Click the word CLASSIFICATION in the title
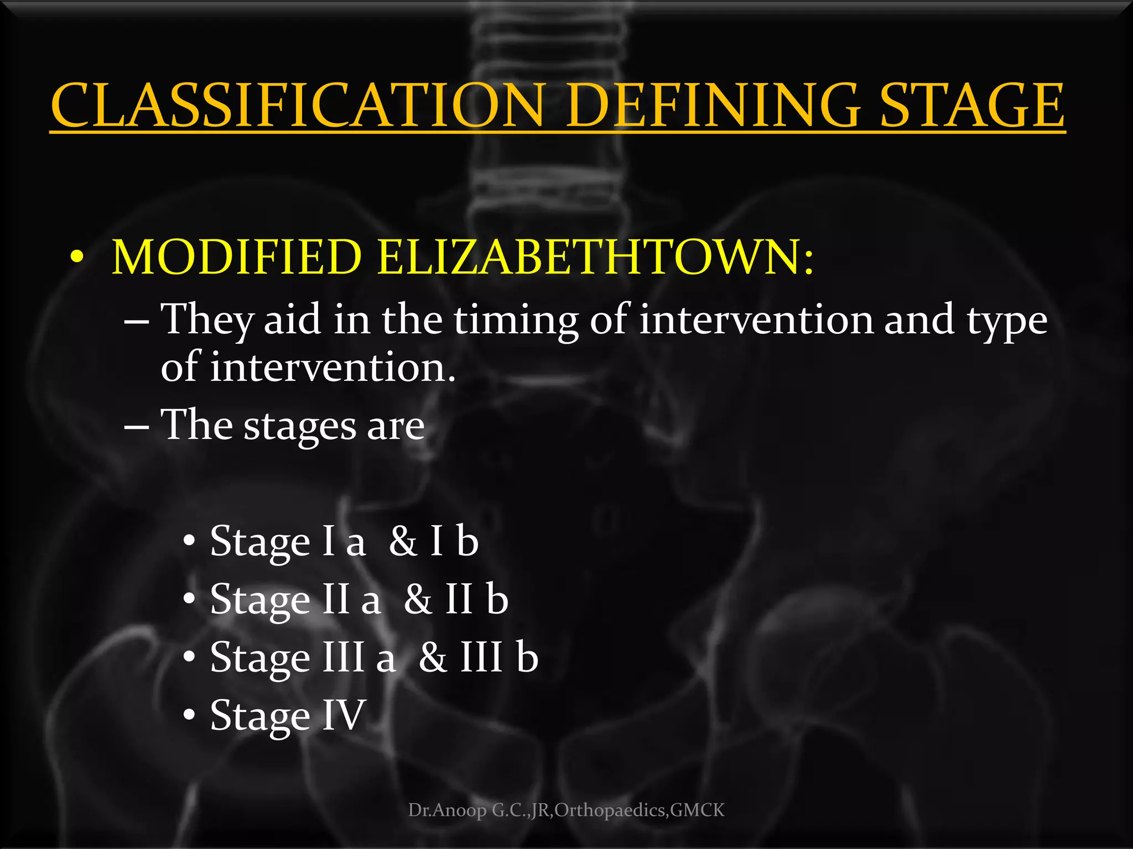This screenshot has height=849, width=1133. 299,105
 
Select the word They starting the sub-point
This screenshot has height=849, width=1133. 207,321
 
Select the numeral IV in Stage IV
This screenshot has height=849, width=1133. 343,715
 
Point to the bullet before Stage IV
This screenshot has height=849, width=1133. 189,715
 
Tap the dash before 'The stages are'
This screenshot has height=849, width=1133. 136,427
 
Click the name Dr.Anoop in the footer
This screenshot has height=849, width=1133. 447,810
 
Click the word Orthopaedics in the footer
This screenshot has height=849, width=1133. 611,810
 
